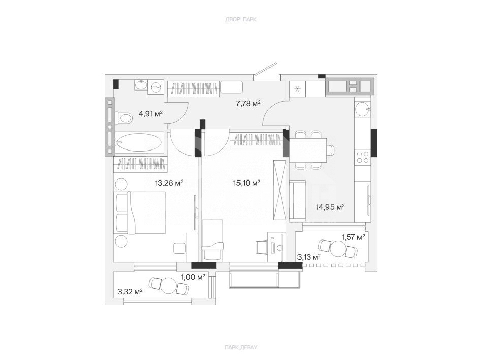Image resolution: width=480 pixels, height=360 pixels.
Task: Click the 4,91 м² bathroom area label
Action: click(151, 114)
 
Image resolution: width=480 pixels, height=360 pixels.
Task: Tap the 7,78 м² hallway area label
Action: click(248, 103)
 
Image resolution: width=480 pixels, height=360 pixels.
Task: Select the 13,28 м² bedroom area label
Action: click(169, 183)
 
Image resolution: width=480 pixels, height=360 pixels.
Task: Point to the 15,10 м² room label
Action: click(247, 183)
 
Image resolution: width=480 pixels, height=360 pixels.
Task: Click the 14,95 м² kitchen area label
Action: click(331, 207)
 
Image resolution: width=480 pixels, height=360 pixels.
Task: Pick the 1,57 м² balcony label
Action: click(353, 237)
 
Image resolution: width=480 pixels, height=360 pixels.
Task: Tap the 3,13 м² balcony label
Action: click(309, 257)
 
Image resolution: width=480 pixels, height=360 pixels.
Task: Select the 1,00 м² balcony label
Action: click(193, 277)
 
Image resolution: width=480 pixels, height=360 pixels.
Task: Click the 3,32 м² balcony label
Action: click(130, 292)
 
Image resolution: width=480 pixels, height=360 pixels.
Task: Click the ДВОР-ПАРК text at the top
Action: click(241, 20)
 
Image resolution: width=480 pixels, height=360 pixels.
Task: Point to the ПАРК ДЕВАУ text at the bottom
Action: click(241, 347)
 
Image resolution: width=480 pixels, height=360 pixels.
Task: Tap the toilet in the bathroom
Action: click(124, 118)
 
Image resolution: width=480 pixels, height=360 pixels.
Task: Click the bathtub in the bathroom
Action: click(139, 142)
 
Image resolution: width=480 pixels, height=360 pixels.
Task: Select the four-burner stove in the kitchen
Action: click(363, 157)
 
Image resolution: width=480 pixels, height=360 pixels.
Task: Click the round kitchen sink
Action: click(363, 110)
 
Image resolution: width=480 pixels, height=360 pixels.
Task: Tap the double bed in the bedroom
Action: click(140, 213)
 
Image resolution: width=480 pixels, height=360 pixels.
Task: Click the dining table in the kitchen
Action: click(308, 149)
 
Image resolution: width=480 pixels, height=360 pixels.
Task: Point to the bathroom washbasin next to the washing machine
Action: click(141, 85)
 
